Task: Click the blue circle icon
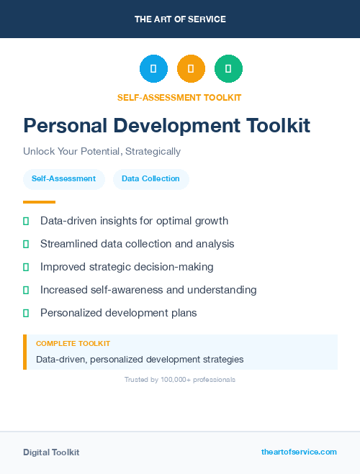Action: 153,69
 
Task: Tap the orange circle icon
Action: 191,69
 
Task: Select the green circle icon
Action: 228,69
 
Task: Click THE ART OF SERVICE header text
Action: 180,19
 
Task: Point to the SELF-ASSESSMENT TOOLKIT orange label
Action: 179,97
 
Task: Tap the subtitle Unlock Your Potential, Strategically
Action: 102,152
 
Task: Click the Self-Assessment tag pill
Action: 63,179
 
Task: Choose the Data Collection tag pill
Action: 150,179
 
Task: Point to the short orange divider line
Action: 39,202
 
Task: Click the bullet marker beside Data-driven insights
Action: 26,222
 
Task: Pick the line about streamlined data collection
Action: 137,244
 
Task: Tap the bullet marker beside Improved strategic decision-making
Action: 26,268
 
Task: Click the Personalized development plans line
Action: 118,313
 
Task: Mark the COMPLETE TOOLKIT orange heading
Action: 73,344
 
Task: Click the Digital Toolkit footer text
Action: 51,452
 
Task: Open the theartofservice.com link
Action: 299,452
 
